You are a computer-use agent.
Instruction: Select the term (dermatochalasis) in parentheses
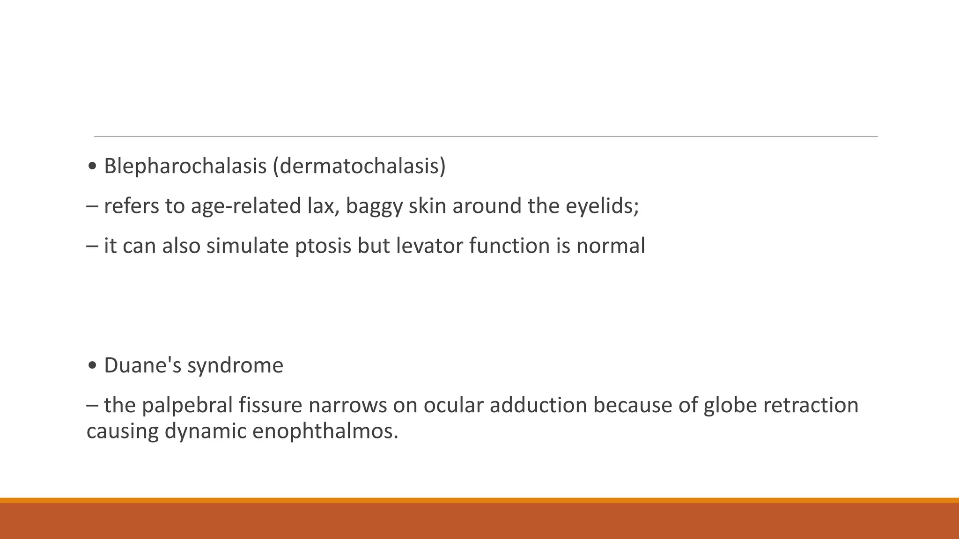coord(359,166)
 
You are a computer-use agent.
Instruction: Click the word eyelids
coord(602,206)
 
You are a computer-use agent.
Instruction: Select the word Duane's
coord(142,365)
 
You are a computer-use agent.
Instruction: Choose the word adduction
coord(538,405)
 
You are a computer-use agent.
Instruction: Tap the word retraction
coord(811,405)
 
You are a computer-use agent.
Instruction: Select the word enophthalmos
coord(325,431)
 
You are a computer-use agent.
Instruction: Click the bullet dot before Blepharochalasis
coord(92,167)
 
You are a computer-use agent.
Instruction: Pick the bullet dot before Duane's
coord(92,366)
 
